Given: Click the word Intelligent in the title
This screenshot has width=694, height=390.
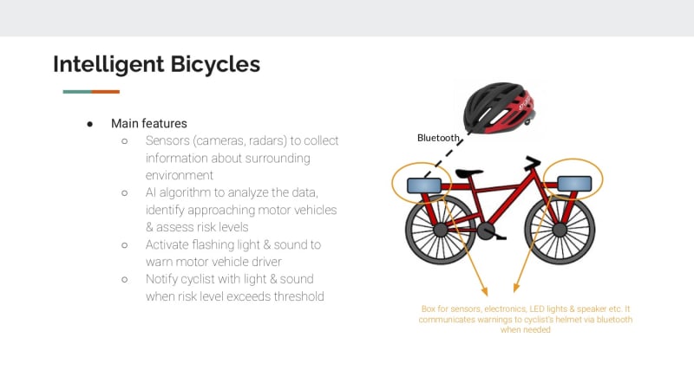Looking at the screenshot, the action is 108,64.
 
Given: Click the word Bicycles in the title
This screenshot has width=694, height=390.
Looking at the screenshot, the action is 215,63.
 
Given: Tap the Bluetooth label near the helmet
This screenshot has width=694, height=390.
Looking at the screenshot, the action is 438,138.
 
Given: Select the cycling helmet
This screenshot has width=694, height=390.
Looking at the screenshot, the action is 499,107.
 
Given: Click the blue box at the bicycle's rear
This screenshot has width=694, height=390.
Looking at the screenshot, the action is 423,185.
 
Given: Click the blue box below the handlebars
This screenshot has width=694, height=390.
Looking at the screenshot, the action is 574,184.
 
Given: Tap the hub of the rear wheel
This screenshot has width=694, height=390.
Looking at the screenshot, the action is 441,230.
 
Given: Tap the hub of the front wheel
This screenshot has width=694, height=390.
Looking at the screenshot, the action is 560,230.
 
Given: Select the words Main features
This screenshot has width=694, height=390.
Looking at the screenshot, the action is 148,123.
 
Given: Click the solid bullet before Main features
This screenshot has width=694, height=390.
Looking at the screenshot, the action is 90,124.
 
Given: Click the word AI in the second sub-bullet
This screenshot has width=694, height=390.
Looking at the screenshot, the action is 150,192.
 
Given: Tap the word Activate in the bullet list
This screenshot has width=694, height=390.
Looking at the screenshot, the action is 167,244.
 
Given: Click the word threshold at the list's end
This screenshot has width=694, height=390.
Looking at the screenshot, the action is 298,296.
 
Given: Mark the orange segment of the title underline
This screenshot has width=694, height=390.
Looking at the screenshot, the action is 105,92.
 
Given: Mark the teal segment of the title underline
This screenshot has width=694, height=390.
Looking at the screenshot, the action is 77,92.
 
